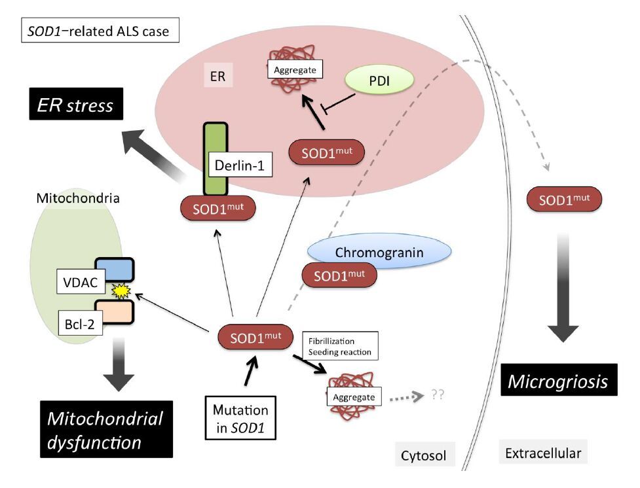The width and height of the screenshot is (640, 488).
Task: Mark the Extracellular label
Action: click(543, 452)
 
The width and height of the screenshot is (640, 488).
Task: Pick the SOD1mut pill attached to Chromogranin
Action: click(340, 275)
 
